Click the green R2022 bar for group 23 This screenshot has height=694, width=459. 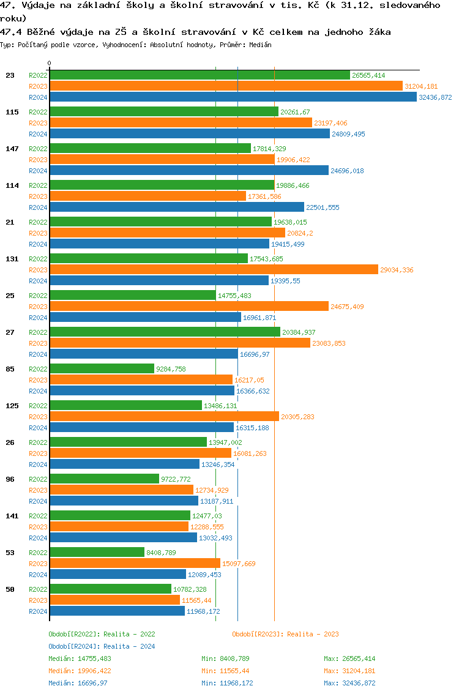click(200, 75)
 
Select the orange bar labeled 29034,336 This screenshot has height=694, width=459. click(214, 270)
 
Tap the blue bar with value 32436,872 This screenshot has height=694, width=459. click(233, 97)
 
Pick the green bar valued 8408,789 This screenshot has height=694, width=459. click(97, 553)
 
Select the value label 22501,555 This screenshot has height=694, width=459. click(323, 207)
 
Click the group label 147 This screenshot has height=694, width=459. click(12, 149)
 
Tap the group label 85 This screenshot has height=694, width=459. click(10, 369)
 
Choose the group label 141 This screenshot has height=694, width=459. click(12, 516)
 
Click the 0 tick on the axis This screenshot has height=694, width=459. click(50, 64)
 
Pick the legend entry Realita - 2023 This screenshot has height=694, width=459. click(285, 634)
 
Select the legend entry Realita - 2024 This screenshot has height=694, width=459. click(102, 646)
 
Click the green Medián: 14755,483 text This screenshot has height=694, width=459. click(80, 659)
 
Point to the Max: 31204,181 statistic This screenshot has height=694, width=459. click(349, 671)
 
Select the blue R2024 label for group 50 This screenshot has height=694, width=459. click(38, 611)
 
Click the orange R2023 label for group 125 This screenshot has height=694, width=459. click(38, 417)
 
